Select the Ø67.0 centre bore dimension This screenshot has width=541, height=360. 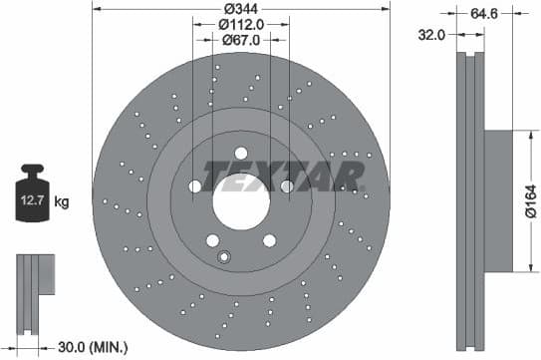240,41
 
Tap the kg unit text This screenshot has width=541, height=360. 62,202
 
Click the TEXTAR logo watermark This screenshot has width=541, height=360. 284,175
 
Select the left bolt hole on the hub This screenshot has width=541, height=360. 194,186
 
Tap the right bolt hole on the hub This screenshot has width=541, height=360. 287,186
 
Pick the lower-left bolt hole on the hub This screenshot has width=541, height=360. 212,240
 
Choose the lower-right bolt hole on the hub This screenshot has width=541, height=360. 269,240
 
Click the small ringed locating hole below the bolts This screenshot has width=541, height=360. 224,259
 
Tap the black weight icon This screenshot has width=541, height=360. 32,195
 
